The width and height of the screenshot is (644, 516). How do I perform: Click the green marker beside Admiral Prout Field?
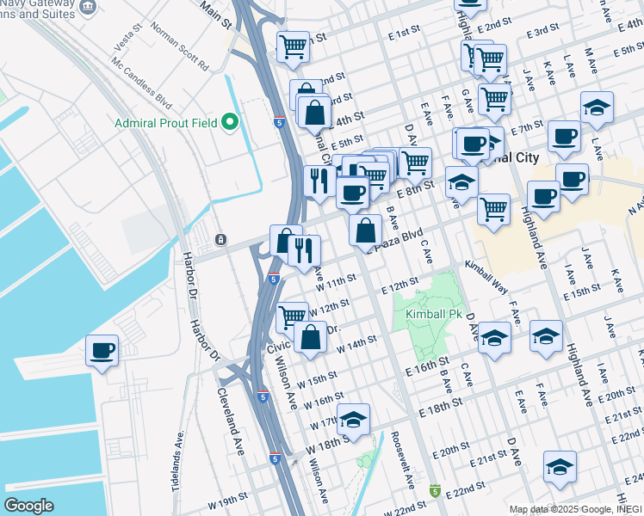tap(230, 122)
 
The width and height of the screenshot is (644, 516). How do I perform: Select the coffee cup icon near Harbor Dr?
tap(102, 351)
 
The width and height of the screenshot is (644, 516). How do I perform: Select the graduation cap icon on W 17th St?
tap(353, 420)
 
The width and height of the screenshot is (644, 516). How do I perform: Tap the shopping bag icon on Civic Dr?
tap(310, 337)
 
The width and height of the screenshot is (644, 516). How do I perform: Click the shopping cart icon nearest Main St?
tap(293, 46)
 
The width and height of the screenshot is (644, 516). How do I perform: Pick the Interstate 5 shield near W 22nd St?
tap(436, 491)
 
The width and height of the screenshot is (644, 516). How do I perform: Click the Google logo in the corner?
tap(28, 505)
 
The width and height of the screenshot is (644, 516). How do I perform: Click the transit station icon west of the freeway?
tap(220, 238)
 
